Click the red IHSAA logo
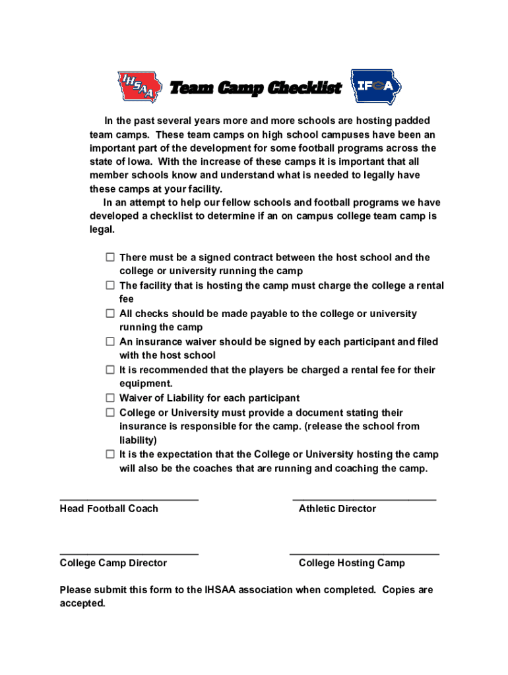[x=139, y=87]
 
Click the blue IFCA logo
[x=375, y=87]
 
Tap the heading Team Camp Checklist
[x=256, y=88]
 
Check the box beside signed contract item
[x=110, y=257]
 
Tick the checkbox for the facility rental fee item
[x=110, y=285]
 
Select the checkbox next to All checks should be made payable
[x=110, y=314]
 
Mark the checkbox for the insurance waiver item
[x=110, y=341]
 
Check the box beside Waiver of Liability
[x=110, y=398]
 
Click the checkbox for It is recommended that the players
[x=110, y=370]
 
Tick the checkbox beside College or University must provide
[x=110, y=413]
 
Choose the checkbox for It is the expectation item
[x=110, y=454]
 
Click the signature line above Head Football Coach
[x=129, y=499]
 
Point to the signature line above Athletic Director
[x=364, y=499]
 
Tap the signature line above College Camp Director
[x=129, y=554]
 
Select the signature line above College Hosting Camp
[x=364, y=554]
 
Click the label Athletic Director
[x=337, y=509]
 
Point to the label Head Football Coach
[x=109, y=509]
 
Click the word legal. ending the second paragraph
[x=102, y=230]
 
